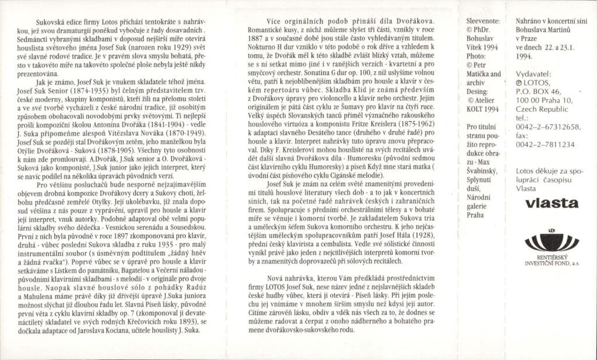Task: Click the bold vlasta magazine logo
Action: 552,204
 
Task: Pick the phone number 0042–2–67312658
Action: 549,127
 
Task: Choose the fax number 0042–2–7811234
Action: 546,144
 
